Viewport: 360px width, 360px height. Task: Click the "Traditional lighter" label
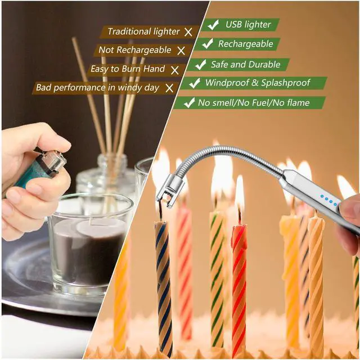[x=143, y=31]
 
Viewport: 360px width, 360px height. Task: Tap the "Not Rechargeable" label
[x=135, y=50]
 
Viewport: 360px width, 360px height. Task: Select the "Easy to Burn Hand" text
[x=128, y=69]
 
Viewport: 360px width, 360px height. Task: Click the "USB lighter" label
[x=248, y=25]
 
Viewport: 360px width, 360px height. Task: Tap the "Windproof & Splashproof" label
[x=257, y=83]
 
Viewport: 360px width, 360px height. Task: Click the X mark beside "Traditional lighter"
[x=188, y=31]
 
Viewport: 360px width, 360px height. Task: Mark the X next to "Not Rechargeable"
[x=181, y=51]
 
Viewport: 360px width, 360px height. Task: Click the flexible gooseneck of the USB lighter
[x=225, y=155]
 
